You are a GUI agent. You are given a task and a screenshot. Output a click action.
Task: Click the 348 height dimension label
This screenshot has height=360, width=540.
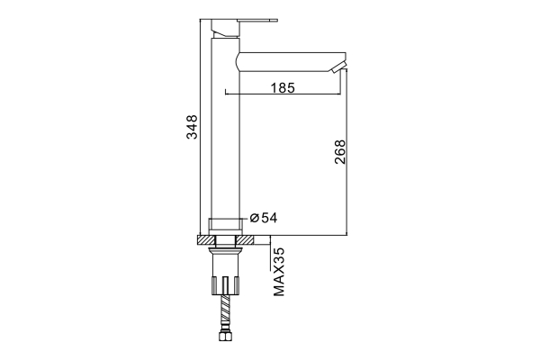tap(192, 127)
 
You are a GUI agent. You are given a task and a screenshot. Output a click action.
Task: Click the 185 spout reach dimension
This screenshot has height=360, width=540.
tap(283, 88)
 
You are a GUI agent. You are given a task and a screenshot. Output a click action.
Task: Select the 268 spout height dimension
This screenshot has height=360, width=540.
tap(340, 151)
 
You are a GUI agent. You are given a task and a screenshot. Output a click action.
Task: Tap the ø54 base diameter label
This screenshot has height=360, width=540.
tap(264, 218)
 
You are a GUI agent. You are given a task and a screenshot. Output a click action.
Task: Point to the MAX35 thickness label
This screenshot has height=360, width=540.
tap(279, 272)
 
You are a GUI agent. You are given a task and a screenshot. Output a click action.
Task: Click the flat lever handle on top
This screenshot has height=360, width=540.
tap(245, 21)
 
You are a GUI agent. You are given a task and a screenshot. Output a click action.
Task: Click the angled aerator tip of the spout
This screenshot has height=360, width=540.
tap(337, 68)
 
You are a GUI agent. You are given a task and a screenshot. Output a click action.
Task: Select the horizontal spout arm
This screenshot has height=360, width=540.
tap(291, 62)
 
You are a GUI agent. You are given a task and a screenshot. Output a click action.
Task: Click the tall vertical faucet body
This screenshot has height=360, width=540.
tap(225, 128)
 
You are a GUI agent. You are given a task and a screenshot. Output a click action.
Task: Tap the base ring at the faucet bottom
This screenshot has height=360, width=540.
tap(226, 224)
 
